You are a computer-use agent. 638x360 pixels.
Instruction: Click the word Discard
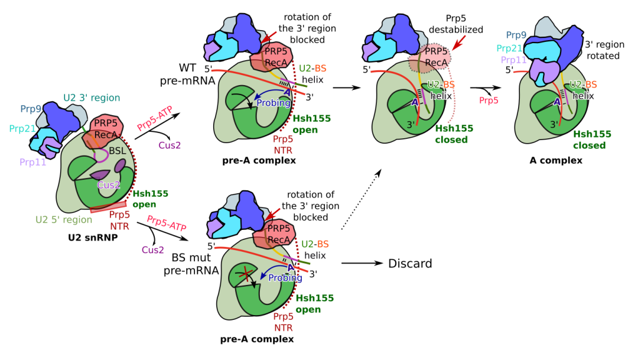(411, 263)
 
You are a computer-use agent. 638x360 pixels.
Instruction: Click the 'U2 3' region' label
(92, 98)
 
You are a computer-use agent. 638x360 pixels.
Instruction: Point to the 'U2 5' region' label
(64, 219)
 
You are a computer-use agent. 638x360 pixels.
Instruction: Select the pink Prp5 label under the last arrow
(488, 101)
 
